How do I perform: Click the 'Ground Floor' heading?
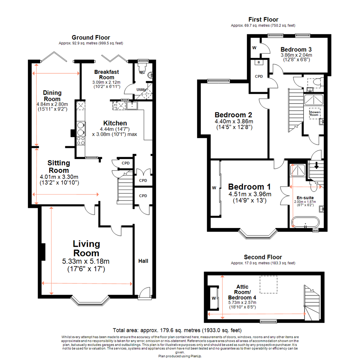tap(91, 37)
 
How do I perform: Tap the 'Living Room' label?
tap(86, 248)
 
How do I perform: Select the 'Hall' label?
tap(143, 261)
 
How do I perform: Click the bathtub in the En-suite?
tap(305, 223)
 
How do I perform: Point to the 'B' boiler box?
tap(259, 62)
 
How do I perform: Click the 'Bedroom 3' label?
tap(296, 48)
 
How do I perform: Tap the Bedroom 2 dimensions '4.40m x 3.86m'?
tap(234, 121)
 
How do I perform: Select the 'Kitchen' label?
tap(115, 123)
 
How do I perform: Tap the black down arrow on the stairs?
tap(316, 165)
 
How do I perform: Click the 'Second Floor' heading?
tap(263, 257)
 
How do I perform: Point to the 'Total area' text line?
tap(177, 331)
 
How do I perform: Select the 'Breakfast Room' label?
tap(106, 74)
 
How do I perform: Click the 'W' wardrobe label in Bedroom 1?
tap(214, 188)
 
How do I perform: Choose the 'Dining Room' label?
tap(52, 96)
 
